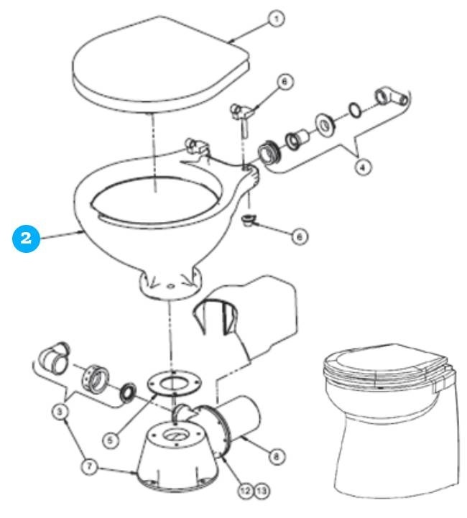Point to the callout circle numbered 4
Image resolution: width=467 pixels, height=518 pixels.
click(x=364, y=167)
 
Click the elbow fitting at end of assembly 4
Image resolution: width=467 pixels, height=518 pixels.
click(x=390, y=98)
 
